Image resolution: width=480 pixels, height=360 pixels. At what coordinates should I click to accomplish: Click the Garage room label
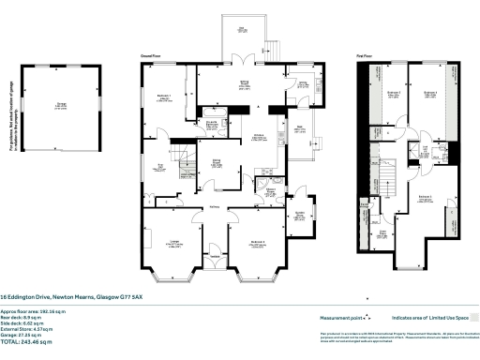click(x=61, y=105)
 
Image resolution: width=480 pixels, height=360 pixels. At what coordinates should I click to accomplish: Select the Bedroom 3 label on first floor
click(x=430, y=94)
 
